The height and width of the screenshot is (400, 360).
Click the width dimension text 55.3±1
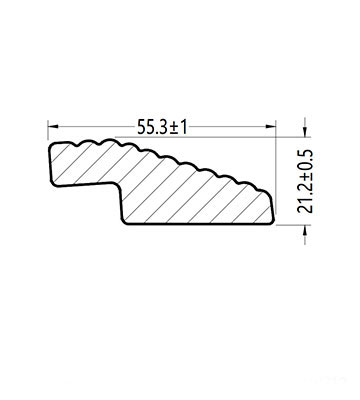pos(162,127)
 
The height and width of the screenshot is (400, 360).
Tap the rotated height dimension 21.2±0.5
pos(306,181)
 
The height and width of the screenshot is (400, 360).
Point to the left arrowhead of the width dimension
pos(53,126)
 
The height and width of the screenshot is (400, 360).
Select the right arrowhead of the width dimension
pos(271,126)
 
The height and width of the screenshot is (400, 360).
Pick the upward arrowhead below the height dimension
pos(305,231)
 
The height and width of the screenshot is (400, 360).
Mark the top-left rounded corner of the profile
pos(52,146)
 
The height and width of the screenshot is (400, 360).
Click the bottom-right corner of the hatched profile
pos(272,222)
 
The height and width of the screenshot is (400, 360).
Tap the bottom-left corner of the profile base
pos(125,221)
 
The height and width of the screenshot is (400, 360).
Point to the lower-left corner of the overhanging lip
pos(52,183)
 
